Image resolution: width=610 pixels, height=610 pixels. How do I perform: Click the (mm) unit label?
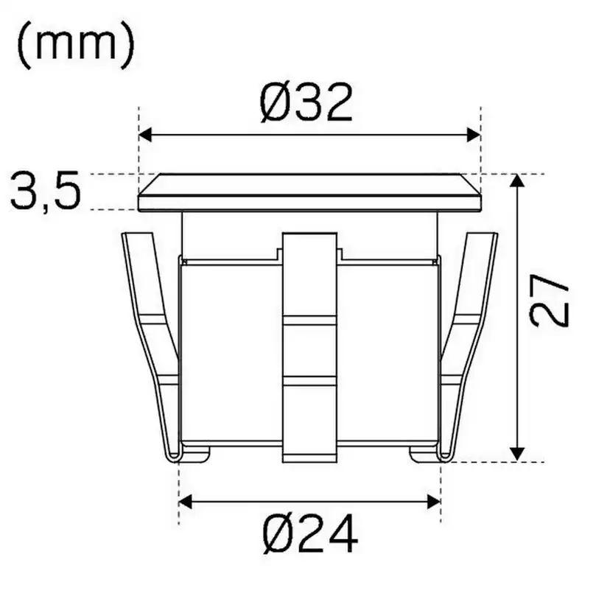pyautogui.click(x=76, y=46)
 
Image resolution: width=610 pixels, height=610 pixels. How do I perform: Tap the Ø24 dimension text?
pyautogui.click(x=310, y=533)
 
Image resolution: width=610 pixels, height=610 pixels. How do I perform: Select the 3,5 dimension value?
pyautogui.click(x=46, y=191)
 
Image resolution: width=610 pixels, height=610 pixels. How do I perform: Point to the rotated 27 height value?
pyautogui.click(x=550, y=301)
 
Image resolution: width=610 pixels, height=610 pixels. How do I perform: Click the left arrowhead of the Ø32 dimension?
pyautogui.click(x=144, y=135)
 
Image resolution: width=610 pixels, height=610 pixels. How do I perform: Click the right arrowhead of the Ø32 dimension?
pyautogui.click(x=474, y=135)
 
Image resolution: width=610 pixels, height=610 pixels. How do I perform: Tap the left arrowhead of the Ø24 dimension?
pyautogui.click(x=185, y=502)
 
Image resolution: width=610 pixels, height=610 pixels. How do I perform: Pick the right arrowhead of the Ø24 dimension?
pyautogui.click(x=434, y=502)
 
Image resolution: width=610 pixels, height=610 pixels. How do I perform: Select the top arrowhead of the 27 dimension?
pyautogui.click(x=516, y=181)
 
